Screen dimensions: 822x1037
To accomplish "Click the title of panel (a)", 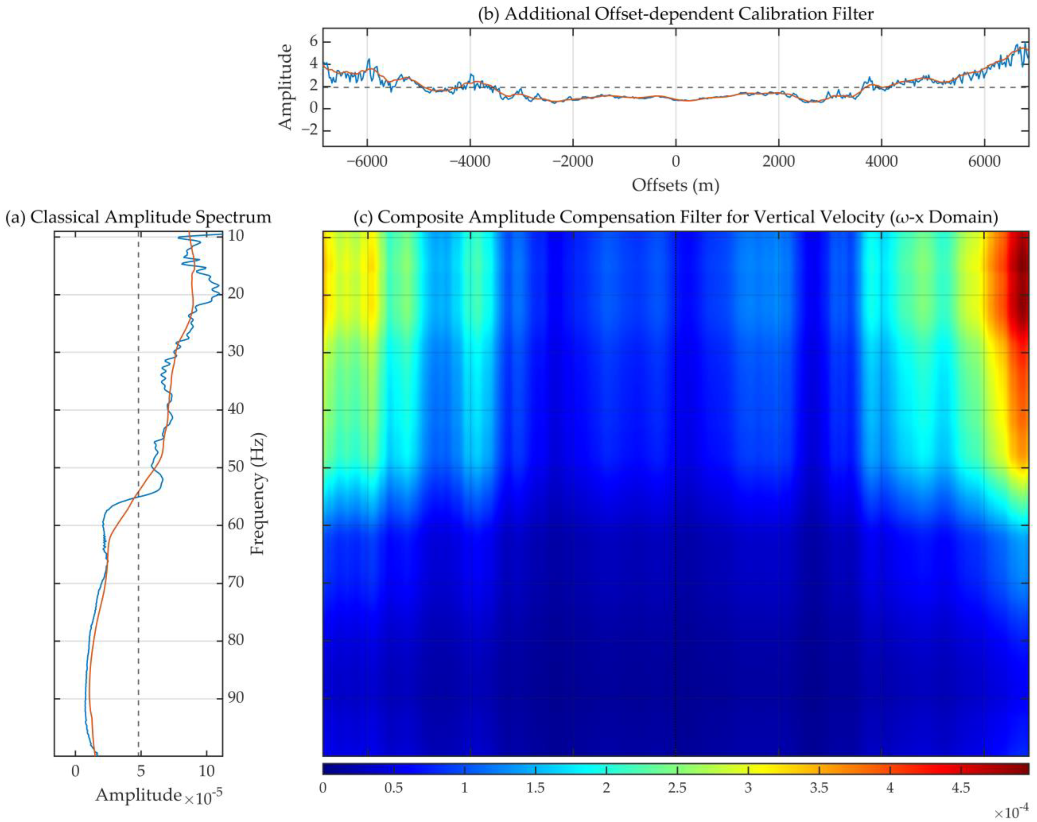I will point(138,217).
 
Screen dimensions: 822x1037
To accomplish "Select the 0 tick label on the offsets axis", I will point(675,161).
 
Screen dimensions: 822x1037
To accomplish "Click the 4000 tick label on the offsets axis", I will point(881,161).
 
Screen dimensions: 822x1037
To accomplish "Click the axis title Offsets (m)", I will point(675,185).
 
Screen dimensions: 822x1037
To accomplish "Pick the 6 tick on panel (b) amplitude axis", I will point(314,41).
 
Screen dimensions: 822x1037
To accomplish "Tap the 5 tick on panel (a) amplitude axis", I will point(141,771).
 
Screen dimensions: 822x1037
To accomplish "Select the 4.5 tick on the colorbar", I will point(961,788).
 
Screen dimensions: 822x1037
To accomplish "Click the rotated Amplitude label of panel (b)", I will point(285,86).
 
